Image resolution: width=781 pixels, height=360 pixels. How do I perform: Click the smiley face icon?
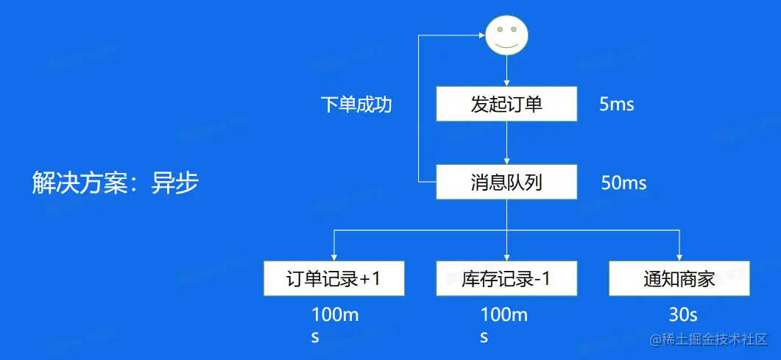[x=506, y=35]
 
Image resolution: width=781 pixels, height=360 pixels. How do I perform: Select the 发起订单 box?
[x=506, y=104]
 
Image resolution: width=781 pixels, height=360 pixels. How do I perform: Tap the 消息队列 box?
[x=506, y=182]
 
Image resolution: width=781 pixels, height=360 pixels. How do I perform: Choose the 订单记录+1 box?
[x=334, y=278]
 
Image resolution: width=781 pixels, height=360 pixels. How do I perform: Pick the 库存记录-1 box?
[x=506, y=278]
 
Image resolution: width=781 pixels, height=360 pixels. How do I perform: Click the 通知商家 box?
[x=679, y=278]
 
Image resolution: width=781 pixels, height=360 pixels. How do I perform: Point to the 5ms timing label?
[x=617, y=105]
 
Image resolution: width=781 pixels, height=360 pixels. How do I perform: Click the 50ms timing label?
[x=623, y=183]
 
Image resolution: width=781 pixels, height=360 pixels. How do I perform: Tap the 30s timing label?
[x=682, y=315]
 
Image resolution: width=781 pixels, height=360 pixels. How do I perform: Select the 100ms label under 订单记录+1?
[x=335, y=325]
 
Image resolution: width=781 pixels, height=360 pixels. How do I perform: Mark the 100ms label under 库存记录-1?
[x=504, y=325]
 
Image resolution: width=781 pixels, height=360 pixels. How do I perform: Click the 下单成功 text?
[x=356, y=105]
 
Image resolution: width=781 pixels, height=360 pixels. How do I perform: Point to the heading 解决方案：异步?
[x=116, y=182]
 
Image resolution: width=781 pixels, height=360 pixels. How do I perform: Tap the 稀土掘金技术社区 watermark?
[x=707, y=340]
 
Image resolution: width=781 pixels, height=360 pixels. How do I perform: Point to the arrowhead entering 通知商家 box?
[x=679, y=257]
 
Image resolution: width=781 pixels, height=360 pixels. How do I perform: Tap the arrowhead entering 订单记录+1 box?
[x=334, y=257]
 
